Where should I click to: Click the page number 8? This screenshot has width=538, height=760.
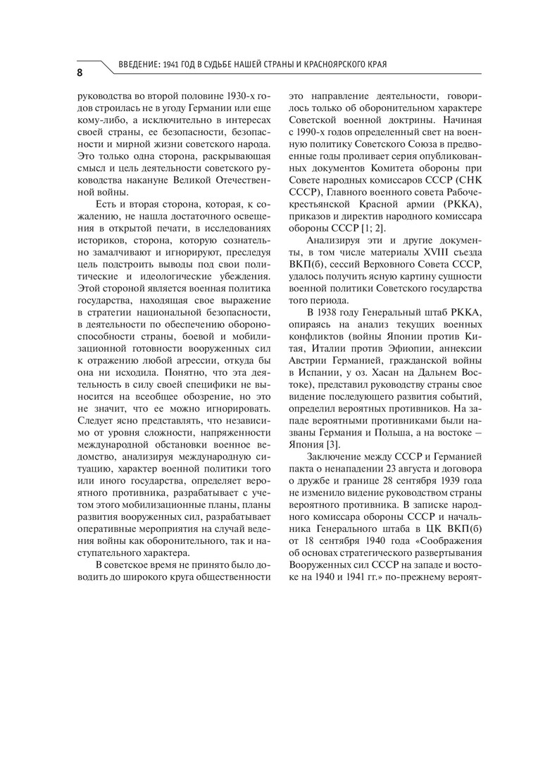point(81,72)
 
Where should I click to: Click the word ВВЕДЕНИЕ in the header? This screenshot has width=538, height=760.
point(135,65)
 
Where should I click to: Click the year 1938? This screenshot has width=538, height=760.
point(337,312)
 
